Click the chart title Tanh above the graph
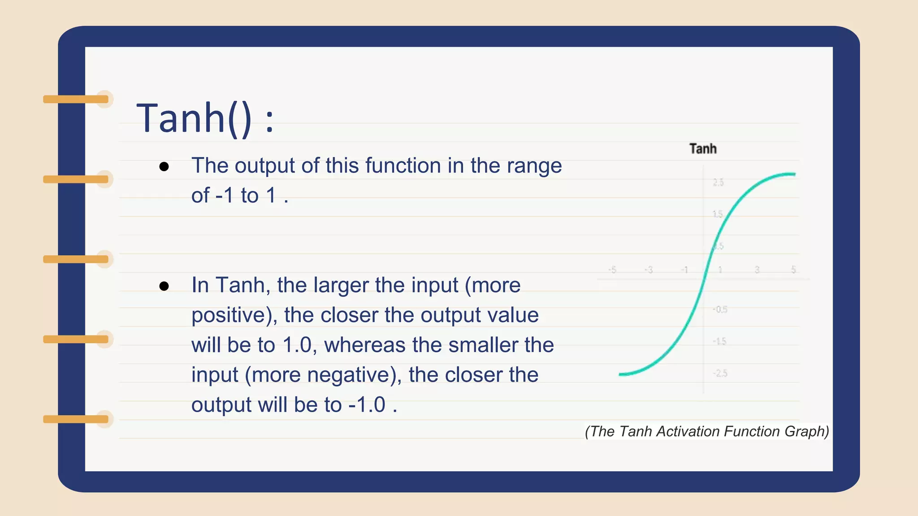702,149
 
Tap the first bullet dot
164,167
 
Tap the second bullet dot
164,286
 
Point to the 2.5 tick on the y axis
718,182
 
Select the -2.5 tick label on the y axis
720,373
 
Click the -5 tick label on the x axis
612,270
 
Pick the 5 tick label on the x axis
793,270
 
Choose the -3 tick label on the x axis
649,270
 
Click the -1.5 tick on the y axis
719,341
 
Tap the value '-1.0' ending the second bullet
367,405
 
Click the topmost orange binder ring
76,99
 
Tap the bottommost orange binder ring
76,419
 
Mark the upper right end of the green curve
794,174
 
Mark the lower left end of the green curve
620,374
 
